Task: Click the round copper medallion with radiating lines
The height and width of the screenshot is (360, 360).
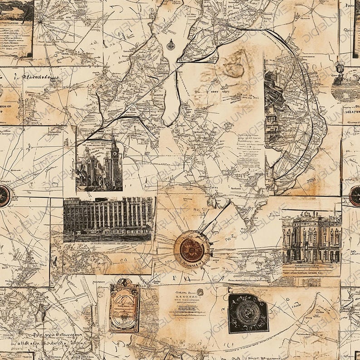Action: (192, 249)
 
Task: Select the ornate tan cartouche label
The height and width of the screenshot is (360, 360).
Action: (124, 305)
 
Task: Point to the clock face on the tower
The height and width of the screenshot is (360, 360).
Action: (115, 153)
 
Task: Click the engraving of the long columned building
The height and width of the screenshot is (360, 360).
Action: (108, 219)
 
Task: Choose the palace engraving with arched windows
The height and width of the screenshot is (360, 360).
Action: (311, 238)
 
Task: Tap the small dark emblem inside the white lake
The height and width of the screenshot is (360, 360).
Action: (170, 45)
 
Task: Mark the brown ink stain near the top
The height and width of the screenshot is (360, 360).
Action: (233, 63)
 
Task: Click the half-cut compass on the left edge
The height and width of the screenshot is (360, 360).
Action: (4, 196)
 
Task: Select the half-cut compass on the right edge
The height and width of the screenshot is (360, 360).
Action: (355, 196)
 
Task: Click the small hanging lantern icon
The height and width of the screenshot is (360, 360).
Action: (340, 68)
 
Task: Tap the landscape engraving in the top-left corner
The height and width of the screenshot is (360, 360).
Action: (16, 11)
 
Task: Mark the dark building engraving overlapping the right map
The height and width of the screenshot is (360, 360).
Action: (274, 109)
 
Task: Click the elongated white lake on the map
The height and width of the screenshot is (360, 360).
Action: (171, 95)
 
